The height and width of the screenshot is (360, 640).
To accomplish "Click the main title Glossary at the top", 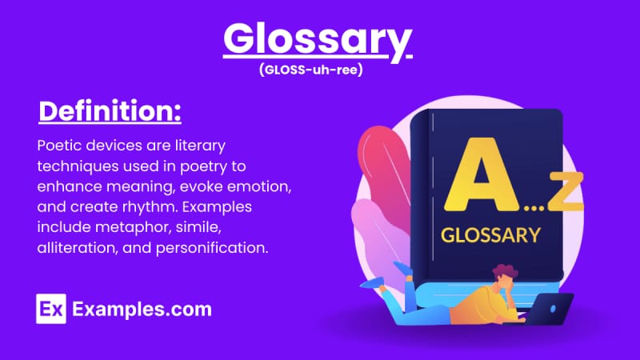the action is click(318, 39).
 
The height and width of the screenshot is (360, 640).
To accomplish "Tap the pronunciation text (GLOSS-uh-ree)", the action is click(310, 70).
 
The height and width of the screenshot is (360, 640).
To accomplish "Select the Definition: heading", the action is click(110, 111).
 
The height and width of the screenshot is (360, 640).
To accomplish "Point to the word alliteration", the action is click(77, 248).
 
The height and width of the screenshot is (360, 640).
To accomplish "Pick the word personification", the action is click(212, 248).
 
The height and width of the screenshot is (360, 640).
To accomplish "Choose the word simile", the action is click(198, 227).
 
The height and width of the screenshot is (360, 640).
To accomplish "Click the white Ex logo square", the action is click(51, 309).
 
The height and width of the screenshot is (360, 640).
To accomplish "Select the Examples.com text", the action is click(142, 309).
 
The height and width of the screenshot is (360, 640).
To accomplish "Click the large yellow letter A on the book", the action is click(482, 174).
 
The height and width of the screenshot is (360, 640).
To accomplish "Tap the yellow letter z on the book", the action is click(566, 191).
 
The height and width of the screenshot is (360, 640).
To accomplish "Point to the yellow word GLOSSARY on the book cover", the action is click(490, 235).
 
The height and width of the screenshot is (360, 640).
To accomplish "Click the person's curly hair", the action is click(506, 272).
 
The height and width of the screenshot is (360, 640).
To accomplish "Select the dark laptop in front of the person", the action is click(549, 308).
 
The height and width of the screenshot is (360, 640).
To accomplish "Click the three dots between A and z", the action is click(534, 208).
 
